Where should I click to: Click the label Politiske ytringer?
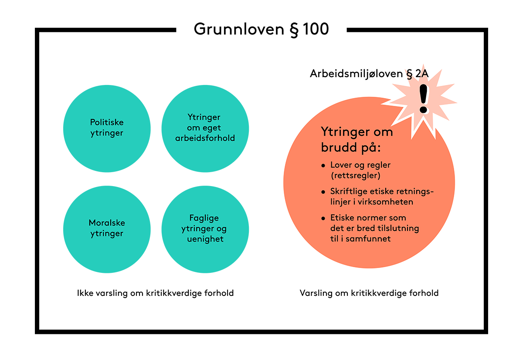107,128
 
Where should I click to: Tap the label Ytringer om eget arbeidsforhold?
204,128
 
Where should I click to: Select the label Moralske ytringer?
107,228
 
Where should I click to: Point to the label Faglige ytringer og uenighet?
204,228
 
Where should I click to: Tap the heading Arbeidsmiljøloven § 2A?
369,74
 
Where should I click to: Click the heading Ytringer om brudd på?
357,139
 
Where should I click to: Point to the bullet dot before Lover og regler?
323,166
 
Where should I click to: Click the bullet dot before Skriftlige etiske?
323,192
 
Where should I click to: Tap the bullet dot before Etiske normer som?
323,218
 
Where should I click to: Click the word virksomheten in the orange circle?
387,202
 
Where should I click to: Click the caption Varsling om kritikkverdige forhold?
369,293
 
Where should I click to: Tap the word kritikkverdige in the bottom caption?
381,293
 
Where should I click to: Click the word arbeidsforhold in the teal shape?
205,138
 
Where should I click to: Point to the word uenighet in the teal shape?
204,239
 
